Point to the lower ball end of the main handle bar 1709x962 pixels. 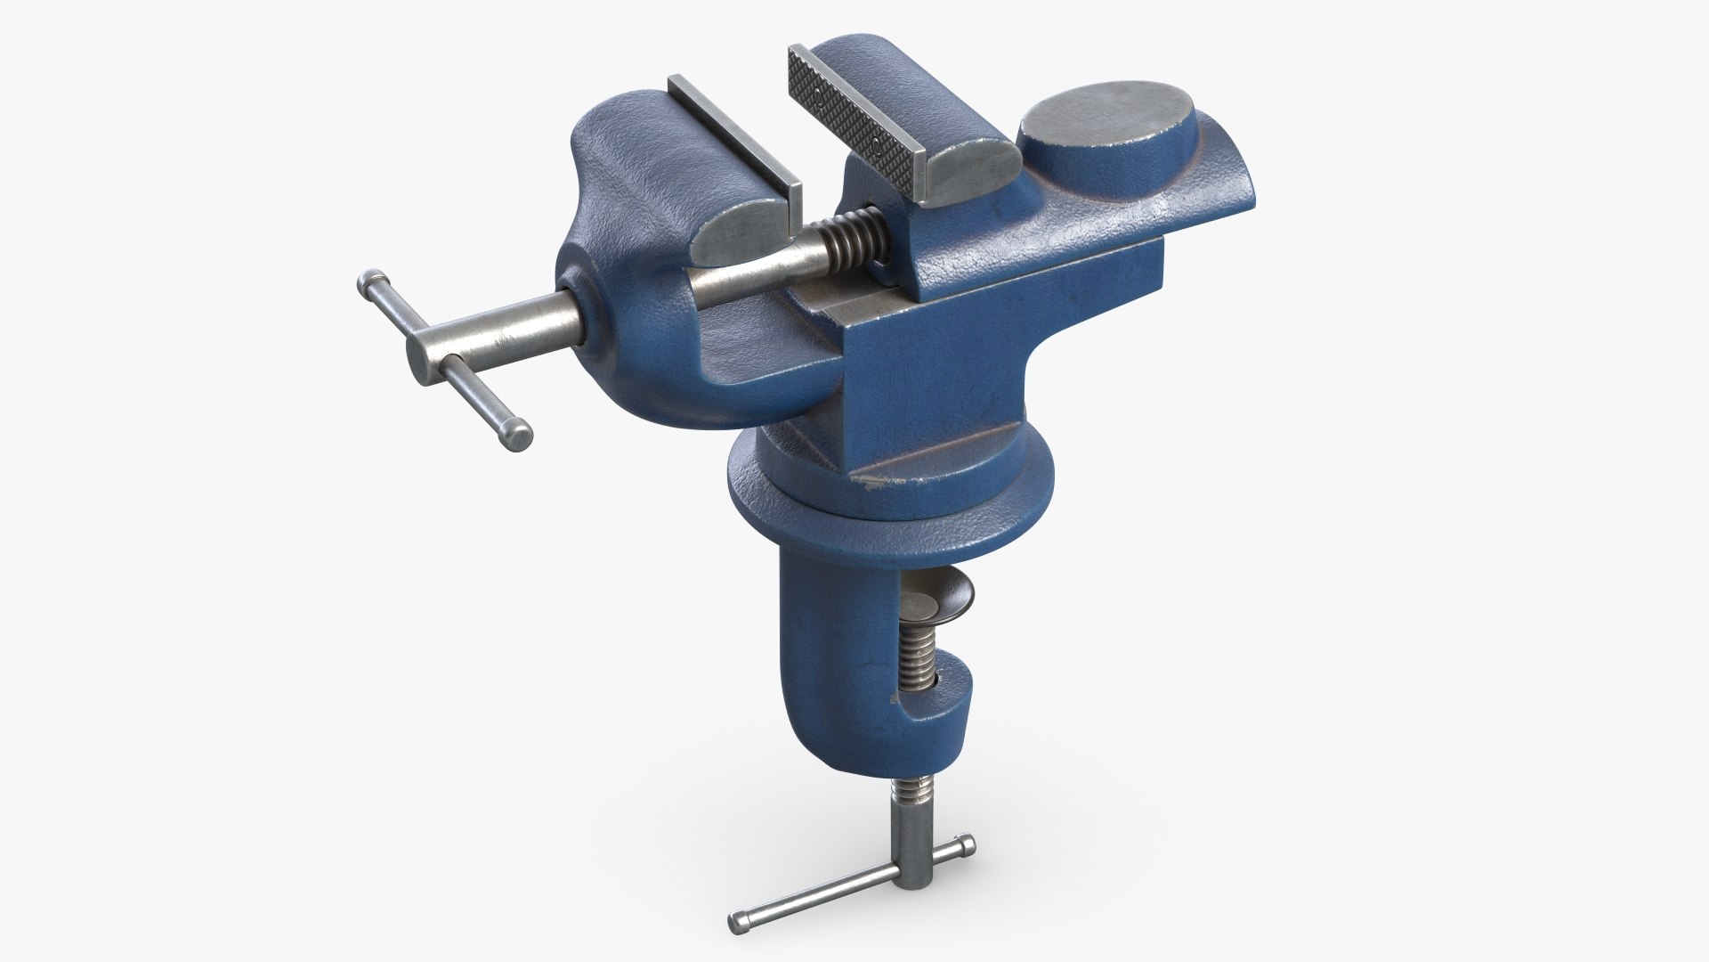click(516, 436)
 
